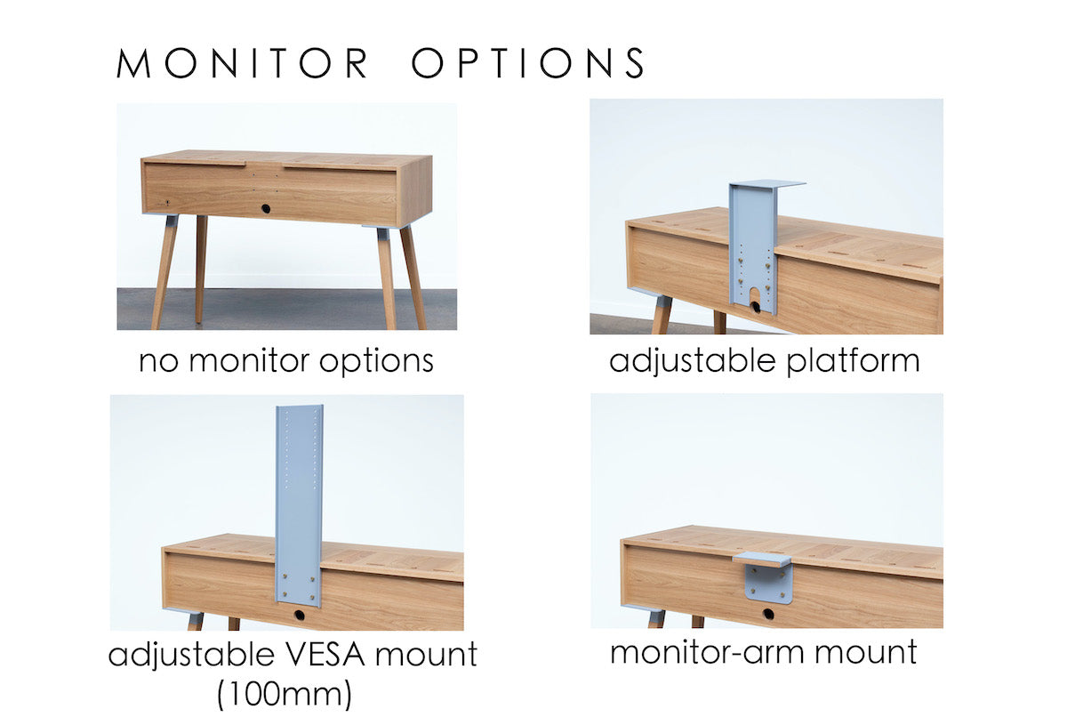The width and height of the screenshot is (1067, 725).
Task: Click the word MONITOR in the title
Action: click(242, 63)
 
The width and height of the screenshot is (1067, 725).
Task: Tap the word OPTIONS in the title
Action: click(528, 62)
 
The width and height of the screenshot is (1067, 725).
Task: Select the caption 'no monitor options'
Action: click(286, 361)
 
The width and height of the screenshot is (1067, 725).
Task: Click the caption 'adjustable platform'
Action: click(764, 361)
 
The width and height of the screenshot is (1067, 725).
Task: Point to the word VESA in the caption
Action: click(326, 654)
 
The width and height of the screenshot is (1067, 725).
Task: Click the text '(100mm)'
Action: click(285, 695)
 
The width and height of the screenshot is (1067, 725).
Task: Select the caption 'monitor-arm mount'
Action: click(764, 652)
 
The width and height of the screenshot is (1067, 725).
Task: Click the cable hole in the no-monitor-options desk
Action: click(265, 208)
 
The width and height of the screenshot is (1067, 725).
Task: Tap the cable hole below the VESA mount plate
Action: click(299, 615)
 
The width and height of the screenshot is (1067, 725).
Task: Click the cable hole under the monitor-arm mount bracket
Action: click(768, 614)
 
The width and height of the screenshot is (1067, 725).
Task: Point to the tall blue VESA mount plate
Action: click(299, 505)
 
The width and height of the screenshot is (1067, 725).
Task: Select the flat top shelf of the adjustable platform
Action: click(767, 184)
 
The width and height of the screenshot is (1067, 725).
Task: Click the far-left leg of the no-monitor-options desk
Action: click(164, 272)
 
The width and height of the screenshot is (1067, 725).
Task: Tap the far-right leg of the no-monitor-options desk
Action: click(413, 278)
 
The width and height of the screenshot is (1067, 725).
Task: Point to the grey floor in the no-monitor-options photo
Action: click(286, 309)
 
